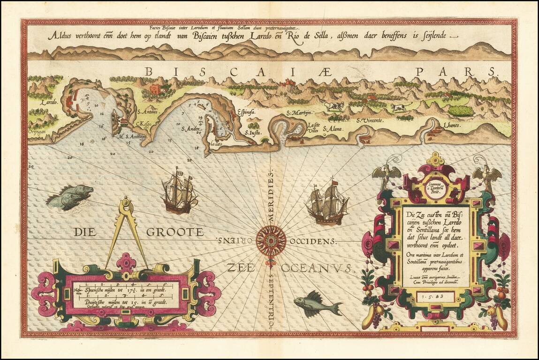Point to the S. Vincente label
coord(370,120)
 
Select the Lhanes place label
coord(452,126)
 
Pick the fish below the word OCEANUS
coord(317,306)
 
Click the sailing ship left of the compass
coord(178,191)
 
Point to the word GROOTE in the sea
coord(175,232)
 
